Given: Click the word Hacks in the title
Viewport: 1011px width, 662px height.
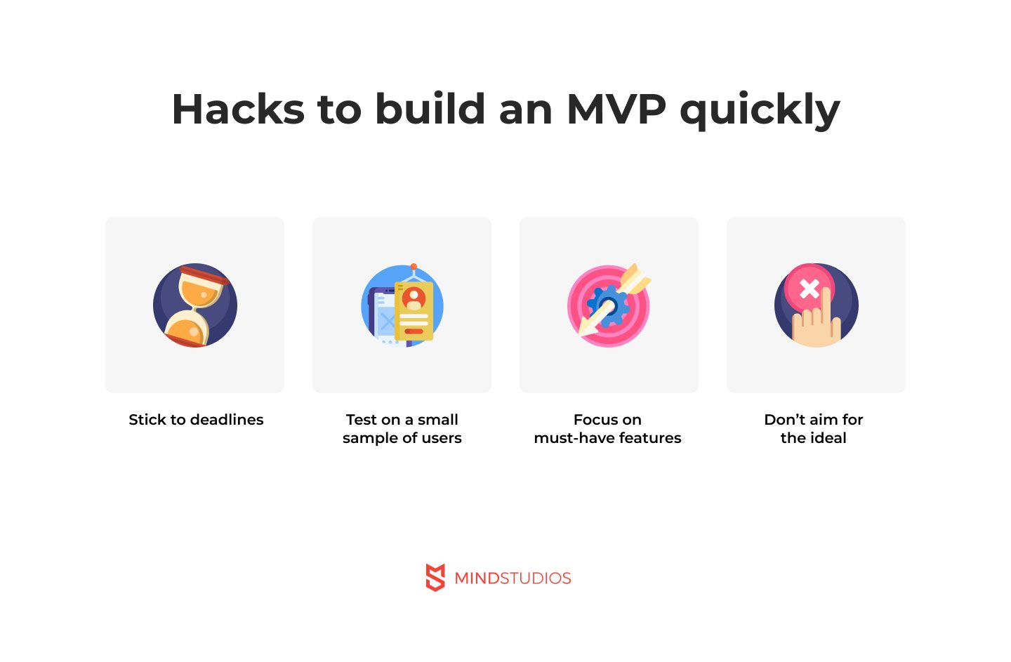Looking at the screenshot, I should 238,110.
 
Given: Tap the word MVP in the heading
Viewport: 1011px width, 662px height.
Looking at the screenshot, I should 616,110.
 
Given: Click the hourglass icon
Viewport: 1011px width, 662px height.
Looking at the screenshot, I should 195,305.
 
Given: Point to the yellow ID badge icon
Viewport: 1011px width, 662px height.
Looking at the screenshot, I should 414,311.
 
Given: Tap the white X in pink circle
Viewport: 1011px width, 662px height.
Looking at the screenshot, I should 809,288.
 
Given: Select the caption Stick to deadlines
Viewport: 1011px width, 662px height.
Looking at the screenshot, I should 196,420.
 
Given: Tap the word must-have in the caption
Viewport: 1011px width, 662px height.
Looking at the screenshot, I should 566,438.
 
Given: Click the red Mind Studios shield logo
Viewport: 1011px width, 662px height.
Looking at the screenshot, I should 435,577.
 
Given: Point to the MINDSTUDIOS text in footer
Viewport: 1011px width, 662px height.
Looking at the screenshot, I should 513,578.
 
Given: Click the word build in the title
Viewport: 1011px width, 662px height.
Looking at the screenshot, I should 430,110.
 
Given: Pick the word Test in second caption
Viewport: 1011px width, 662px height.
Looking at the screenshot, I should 362,420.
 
